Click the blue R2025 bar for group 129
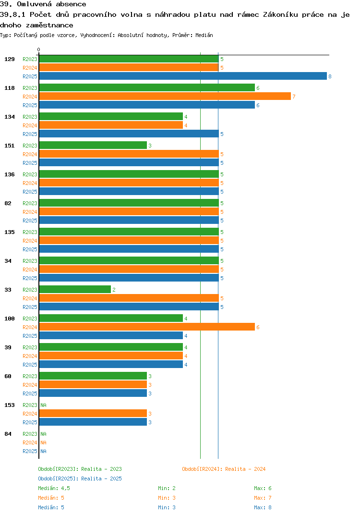pyautogui.click(x=182, y=76)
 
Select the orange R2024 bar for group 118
pyautogui.click(x=165, y=96)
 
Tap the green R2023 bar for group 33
pyautogui.click(x=75, y=289)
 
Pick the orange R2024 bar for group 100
pyautogui.click(x=147, y=327)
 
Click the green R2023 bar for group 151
pyautogui.click(x=93, y=145)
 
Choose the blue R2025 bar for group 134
pyautogui.click(x=129, y=134)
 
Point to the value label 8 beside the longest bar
pyautogui.click(x=330, y=76)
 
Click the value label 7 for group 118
pyautogui.click(x=294, y=97)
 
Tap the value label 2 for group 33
pyautogui.click(x=114, y=290)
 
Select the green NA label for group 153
pyautogui.click(x=43, y=405)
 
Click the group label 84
pyautogui.click(x=8, y=434)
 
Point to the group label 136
pyautogui.click(x=9, y=174)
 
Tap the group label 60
pyautogui.click(x=8, y=376)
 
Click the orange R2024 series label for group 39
pyautogui.click(x=30, y=356)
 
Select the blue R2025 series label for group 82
pyautogui.click(x=30, y=221)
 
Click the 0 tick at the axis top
pyautogui.click(x=39, y=49)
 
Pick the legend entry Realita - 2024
pyautogui.click(x=224, y=469)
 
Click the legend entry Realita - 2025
pyautogui.click(x=80, y=479)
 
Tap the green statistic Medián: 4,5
pyautogui.click(x=54, y=488)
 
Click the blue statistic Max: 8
pyautogui.click(x=263, y=507)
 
